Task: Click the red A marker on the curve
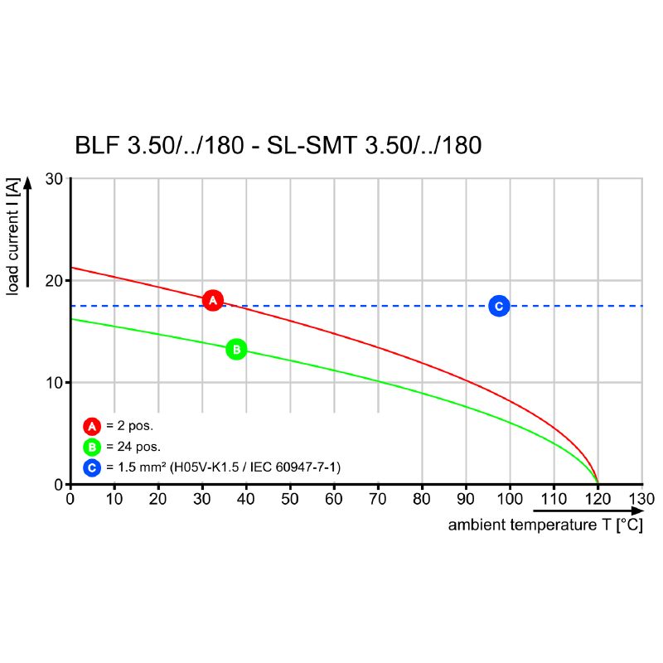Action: pos(213,300)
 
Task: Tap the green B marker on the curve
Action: pos(236,350)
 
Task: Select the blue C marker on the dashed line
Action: pos(499,306)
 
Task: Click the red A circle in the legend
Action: pos(92,427)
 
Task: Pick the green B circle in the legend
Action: pos(92,448)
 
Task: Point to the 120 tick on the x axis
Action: pos(598,499)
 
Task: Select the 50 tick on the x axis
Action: pos(290,499)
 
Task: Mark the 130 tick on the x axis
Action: pos(642,499)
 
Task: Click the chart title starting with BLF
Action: pos(278,146)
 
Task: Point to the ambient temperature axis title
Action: pos(544,525)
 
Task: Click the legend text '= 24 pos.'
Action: pos(133,448)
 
